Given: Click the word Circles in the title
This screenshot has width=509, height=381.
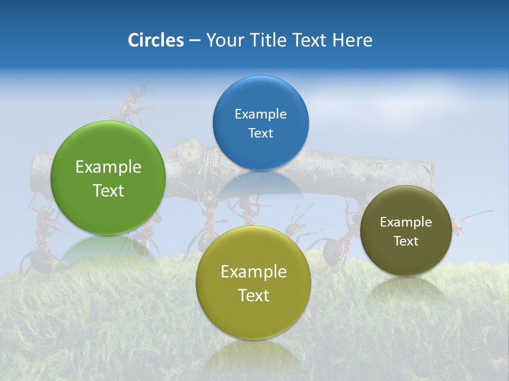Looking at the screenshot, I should click(x=155, y=40).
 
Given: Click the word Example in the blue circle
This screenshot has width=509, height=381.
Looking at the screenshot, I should click(x=260, y=114).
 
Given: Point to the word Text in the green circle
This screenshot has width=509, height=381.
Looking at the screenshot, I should click(x=108, y=190).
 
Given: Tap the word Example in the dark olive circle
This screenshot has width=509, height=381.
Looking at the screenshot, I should click(x=406, y=222).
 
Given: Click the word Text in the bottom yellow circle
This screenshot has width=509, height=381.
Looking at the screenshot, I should click(x=253, y=295).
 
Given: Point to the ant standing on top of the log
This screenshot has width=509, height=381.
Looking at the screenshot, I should click(x=130, y=103).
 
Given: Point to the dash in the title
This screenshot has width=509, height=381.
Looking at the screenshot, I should click(x=195, y=40).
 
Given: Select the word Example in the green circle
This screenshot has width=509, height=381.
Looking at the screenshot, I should click(x=108, y=167).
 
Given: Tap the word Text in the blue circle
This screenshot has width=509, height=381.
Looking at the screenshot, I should click(x=260, y=133).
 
